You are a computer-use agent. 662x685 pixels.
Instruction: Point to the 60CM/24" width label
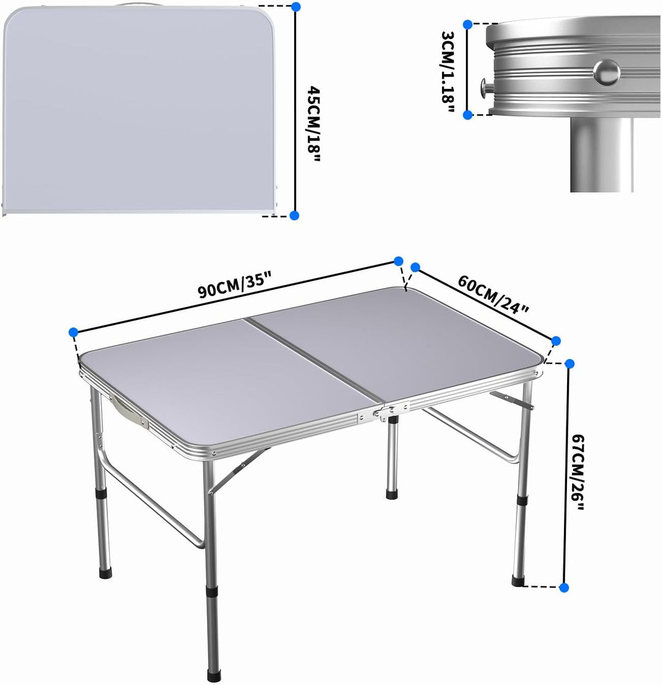(493, 293)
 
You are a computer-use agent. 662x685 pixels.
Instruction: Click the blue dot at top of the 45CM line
(295, 7)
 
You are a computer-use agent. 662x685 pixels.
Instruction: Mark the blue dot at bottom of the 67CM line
(565, 587)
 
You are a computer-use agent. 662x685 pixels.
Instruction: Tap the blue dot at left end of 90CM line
(74, 332)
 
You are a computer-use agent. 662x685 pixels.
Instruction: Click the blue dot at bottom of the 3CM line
(468, 114)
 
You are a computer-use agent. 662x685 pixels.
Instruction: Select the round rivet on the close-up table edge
(606, 71)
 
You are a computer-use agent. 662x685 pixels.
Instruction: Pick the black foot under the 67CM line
(519, 581)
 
